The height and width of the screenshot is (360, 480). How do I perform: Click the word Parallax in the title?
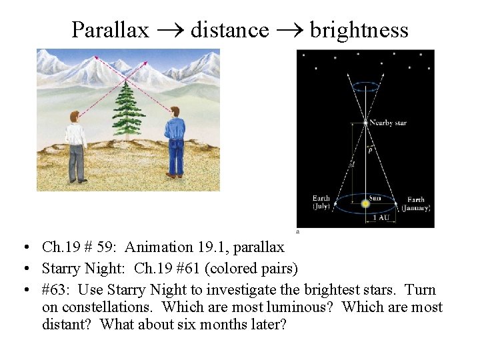110,30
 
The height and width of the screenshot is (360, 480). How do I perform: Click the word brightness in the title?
359,30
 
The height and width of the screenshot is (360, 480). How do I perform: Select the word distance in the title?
229,30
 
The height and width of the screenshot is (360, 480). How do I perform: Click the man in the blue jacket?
175,140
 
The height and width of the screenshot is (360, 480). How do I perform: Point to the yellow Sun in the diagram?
365,203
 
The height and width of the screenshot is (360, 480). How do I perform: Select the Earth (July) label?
321,203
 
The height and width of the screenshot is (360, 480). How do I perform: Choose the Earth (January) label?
415,203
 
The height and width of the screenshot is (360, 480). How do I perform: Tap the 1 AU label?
381,218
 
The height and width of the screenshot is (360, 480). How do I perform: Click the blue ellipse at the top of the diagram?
365,85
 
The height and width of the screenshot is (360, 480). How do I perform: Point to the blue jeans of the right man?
175,157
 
